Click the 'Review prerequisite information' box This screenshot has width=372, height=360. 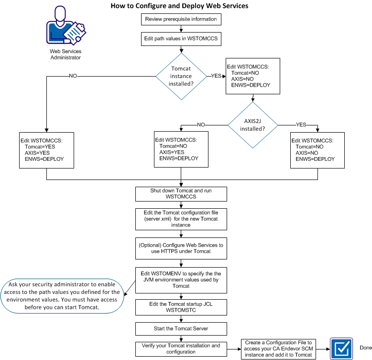181,20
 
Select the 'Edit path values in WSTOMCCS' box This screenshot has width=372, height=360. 181,39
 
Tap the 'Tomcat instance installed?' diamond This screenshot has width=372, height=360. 181,76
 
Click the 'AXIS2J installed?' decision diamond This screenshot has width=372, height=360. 253,125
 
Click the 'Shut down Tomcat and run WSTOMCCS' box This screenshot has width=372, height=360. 181,194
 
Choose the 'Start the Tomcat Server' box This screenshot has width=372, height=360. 181,328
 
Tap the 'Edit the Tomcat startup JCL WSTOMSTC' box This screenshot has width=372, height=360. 181,306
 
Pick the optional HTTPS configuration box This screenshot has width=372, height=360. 181,248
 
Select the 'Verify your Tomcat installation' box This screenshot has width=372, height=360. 181,349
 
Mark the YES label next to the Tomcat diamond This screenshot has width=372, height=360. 216,76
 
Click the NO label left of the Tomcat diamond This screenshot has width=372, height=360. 73,76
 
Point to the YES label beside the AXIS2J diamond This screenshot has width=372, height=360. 301,124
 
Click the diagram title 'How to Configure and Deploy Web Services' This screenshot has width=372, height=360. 179,6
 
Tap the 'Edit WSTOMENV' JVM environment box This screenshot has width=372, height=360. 181,279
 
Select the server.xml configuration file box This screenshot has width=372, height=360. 181,218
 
